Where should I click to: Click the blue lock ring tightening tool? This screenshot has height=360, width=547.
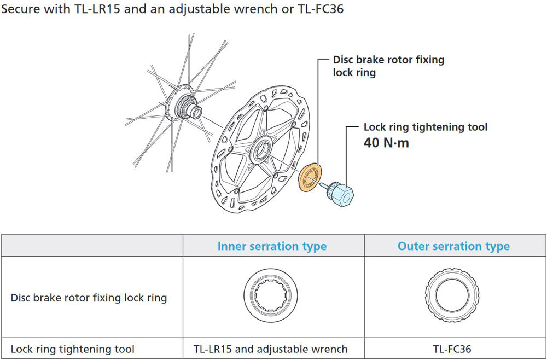341,193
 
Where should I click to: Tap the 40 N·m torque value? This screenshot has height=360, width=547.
386,143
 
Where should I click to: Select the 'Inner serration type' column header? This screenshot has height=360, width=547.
272,246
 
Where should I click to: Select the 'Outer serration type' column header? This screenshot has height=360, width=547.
453,246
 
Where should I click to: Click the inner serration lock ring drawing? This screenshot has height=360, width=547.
272,297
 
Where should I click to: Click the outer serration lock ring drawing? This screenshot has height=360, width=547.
453,297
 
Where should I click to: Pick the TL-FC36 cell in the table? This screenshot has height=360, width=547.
453,349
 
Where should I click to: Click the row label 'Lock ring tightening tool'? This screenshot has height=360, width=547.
72,349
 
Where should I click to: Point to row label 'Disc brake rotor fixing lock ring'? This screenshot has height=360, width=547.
89,298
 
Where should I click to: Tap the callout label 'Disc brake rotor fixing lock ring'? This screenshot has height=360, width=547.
388,66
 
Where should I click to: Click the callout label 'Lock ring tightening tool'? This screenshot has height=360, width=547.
425,127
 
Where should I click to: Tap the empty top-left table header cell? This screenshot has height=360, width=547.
92,246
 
